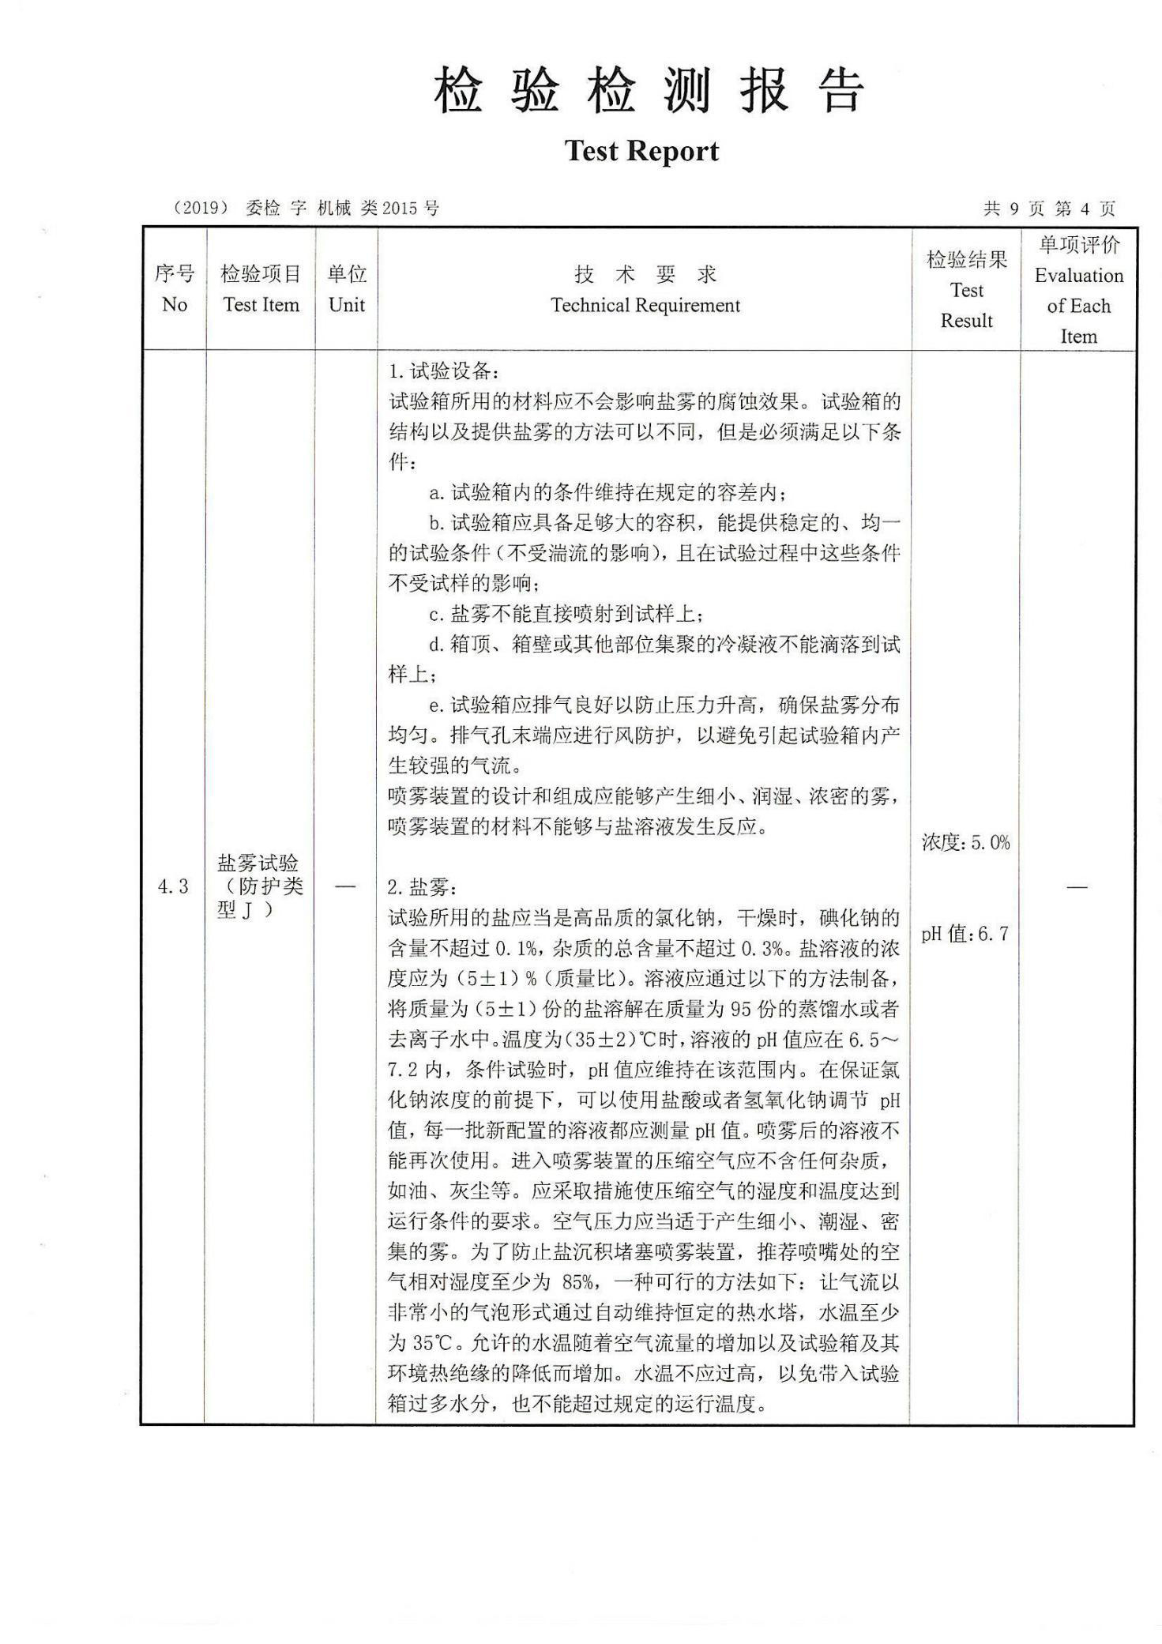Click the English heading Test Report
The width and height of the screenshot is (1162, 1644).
click(641, 151)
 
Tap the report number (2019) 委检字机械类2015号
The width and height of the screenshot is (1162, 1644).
click(305, 208)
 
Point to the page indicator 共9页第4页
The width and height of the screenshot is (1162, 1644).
click(1049, 209)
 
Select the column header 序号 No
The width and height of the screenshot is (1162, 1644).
click(174, 289)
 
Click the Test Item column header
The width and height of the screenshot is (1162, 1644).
click(261, 289)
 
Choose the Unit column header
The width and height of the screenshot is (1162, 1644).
click(346, 289)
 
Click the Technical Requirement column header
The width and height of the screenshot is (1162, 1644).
click(645, 290)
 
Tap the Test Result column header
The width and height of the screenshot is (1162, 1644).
click(966, 290)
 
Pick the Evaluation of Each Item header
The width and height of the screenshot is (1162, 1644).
click(1078, 290)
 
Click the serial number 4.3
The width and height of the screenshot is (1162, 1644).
click(173, 886)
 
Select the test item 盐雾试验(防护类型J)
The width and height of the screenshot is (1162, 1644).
click(259, 886)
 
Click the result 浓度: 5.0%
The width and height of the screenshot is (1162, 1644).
click(965, 843)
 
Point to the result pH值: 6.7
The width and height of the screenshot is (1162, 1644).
click(965, 935)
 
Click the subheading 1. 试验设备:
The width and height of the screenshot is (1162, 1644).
click(444, 371)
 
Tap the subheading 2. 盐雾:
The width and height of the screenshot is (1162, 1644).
click(423, 888)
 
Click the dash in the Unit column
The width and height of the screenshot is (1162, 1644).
click(345, 886)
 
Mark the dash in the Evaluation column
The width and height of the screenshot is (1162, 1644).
click(1077, 886)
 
